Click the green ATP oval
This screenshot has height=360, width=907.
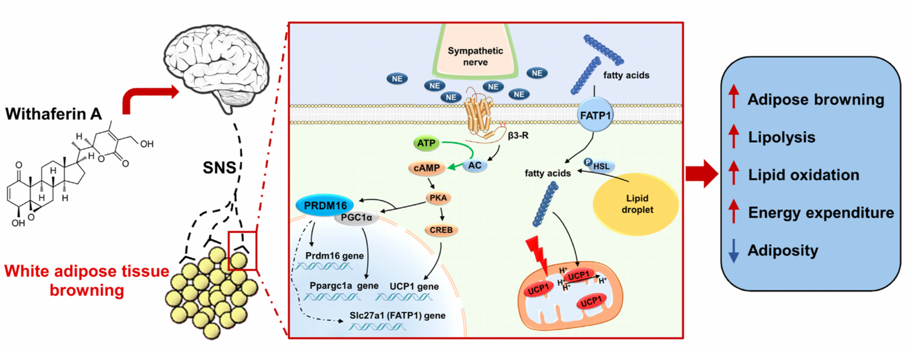click(426, 143)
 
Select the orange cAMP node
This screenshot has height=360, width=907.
click(426, 168)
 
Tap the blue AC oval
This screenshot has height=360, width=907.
click(475, 166)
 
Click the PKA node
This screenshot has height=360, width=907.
click(438, 198)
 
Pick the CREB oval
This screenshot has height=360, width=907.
click(441, 230)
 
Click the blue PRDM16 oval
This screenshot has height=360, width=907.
click(325, 206)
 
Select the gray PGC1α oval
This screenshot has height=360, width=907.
click(356, 218)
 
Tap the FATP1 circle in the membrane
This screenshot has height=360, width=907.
click(595, 115)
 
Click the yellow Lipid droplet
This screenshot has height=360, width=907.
click(636, 204)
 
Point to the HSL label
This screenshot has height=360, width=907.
click(602, 166)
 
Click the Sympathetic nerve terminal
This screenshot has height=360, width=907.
click(475, 51)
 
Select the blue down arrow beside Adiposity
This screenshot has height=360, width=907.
click(734, 251)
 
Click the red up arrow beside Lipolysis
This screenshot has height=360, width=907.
click(734, 136)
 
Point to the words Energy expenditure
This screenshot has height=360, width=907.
click(821, 213)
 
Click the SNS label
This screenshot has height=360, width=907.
click(219, 167)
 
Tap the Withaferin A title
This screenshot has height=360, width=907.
click(54, 114)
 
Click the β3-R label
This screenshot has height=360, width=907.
click(518, 135)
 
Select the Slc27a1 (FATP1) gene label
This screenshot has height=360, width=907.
click(397, 315)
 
